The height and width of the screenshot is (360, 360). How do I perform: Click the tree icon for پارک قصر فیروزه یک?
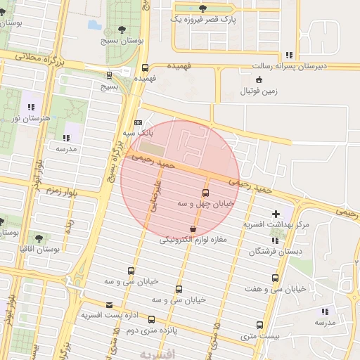(203, 8)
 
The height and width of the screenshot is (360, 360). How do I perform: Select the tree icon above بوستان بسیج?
(122, 30)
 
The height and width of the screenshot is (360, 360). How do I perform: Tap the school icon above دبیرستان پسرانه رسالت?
(288, 56)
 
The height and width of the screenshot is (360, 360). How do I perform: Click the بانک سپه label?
(137, 132)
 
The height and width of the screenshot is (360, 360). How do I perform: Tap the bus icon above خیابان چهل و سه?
(205, 192)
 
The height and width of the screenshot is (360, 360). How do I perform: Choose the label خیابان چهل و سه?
(207, 203)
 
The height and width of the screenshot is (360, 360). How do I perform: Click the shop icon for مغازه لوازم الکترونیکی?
(193, 229)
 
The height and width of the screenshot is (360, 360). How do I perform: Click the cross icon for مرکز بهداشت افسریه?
(276, 213)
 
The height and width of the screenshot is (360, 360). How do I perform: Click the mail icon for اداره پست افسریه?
(109, 304)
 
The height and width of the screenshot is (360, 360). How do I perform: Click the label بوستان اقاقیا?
(38, 249)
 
